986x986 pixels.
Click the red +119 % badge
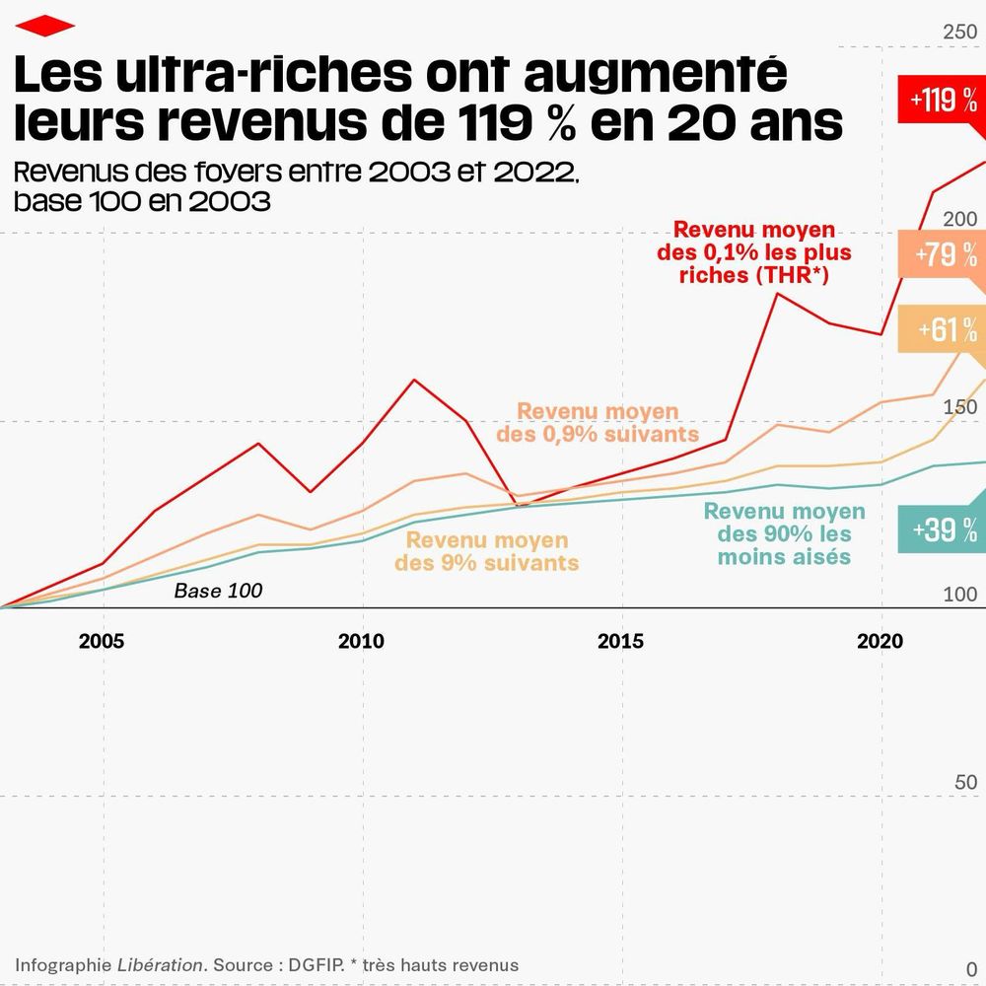point(943,101)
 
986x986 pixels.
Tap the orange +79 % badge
point(945,254)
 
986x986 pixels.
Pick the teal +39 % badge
point(943,530)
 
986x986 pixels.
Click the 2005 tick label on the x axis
point(102,642)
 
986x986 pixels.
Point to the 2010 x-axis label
point(361,642)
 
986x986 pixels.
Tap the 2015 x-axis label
point(620,642)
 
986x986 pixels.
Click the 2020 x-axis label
point(880,642)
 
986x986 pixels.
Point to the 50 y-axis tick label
point(966,783)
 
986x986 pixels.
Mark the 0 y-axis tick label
point(971,969)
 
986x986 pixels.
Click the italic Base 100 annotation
point(218,592)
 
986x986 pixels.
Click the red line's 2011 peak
point(414,380)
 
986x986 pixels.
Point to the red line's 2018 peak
point(777,293)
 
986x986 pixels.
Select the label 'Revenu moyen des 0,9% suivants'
point(598,422)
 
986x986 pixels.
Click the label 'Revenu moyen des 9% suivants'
point(487,551)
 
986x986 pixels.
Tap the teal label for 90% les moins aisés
point(784,533)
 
